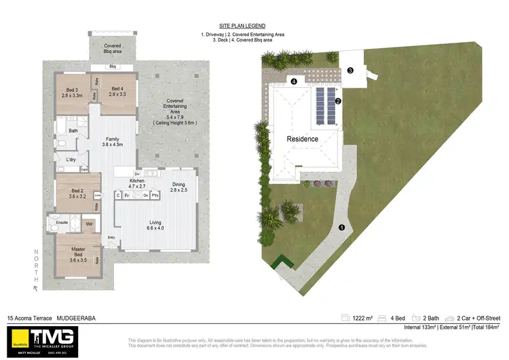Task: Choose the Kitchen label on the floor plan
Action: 137,181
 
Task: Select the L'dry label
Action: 71,160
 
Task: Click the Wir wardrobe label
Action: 89,222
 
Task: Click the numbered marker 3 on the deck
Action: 350,70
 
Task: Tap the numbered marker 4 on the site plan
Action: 294,82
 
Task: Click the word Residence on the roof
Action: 302,139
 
